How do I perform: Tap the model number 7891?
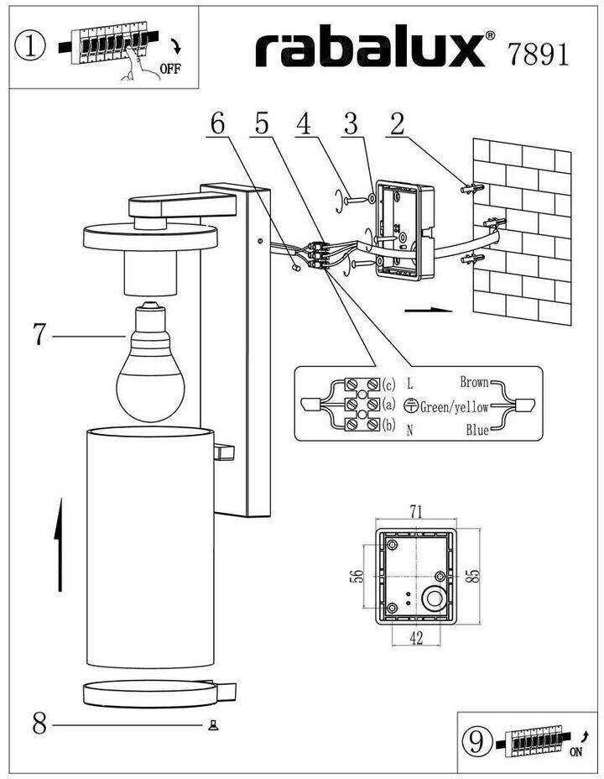coord(538,54)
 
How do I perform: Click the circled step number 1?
coord(29,46)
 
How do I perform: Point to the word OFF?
coord(170,69)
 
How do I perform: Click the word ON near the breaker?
coord(575,752)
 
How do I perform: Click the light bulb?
coord(150,361)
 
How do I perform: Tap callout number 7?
coord(39,334)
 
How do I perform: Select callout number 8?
coord(39,724)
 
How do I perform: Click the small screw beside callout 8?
coord(213,726)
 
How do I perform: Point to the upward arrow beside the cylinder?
coord(59,545)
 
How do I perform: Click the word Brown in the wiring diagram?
coord(475,382)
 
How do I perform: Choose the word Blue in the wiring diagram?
coord(477,431)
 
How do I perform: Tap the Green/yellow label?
coord(454,407)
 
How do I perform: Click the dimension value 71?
coord(416,511)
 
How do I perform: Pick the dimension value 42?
coord(416,638)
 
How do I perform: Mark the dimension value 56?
coord(357,577)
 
